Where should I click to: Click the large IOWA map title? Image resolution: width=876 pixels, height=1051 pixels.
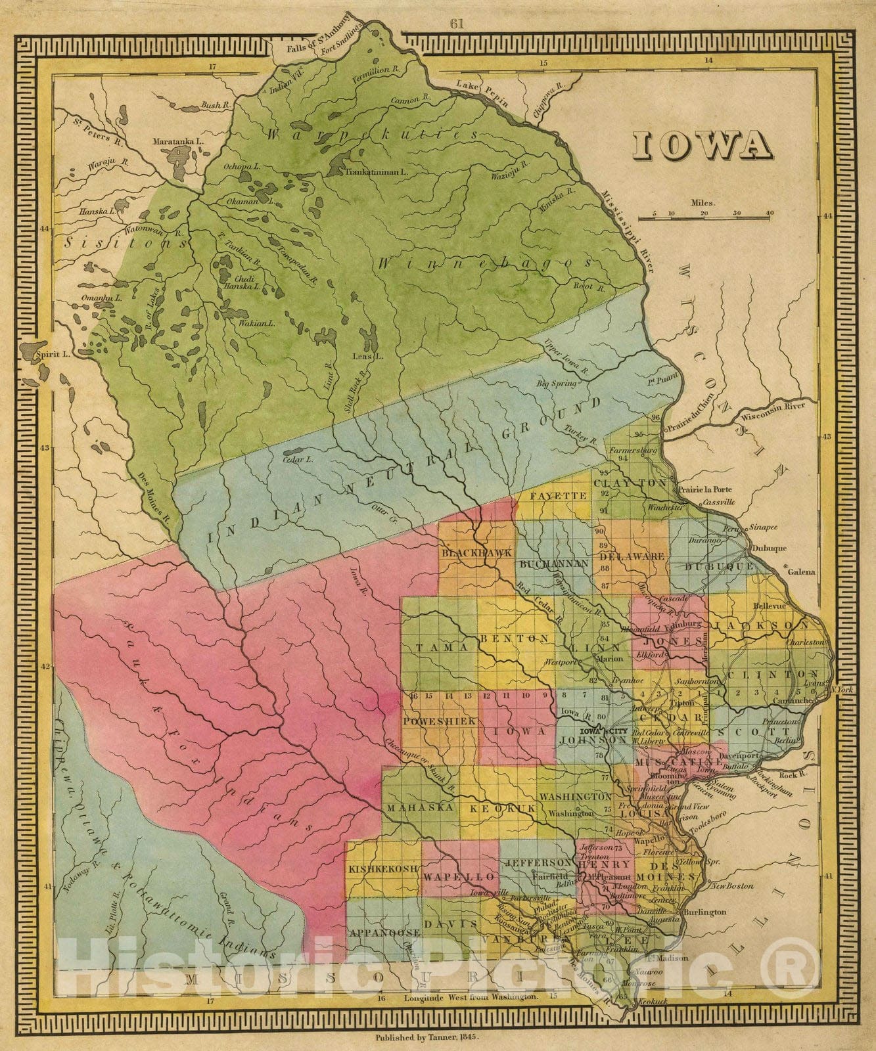point(703,146)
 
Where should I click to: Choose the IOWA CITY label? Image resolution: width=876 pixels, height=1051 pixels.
point(598,731)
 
